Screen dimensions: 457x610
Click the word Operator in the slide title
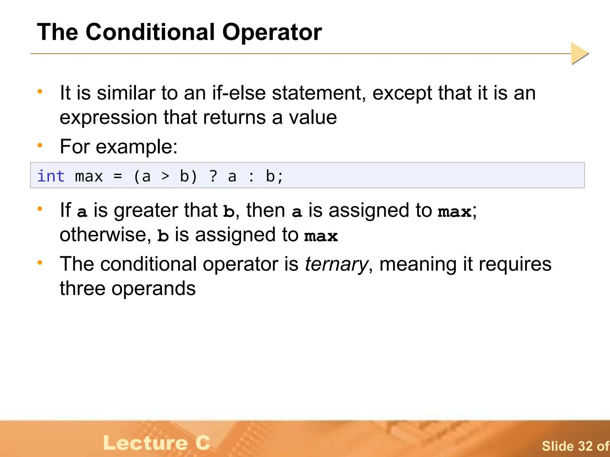(272, 32)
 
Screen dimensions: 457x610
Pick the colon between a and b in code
(251, 177)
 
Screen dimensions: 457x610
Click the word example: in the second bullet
(136, 147)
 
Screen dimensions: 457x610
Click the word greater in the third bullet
(146, 211)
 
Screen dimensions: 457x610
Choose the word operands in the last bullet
(153, 289)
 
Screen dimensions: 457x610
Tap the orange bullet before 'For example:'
(40, 145)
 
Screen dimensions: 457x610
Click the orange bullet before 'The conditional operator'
(40, 262)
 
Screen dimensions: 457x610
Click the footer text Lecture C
(157, 443)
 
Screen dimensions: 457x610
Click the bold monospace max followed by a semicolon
(455, 211)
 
